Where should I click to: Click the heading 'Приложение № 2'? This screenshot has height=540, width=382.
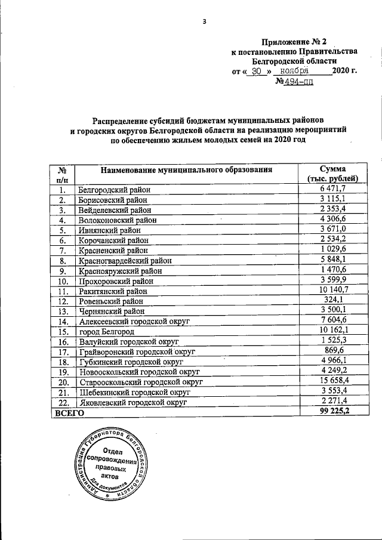pyautogui.click(x=295, y=41)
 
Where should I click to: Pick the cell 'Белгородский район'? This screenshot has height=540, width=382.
pyautogui.click(x=115, y=190)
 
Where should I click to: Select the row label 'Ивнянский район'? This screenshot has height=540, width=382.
pyautogui.click(x=109, y=230)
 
